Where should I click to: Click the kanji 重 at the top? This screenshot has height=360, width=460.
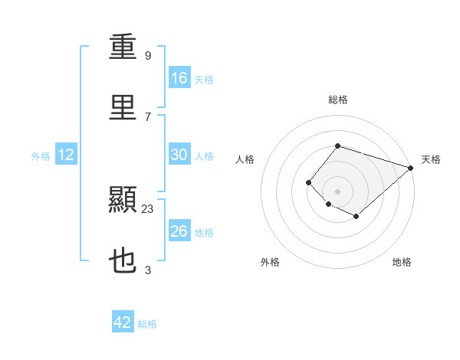coord(123,46)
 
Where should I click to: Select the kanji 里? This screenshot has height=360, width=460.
coord(123,107)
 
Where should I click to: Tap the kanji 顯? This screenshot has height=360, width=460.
coord(123,199)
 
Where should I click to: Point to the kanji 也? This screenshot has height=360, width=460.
coord(123,260)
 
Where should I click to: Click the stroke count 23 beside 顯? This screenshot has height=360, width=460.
coord(147,209)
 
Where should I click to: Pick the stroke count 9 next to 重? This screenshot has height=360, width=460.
coord(148,56)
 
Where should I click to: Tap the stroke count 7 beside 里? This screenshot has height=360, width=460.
coord(148,117)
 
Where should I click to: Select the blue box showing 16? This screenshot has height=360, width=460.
coord(179,77)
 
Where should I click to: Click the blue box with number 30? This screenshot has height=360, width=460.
coord(179,154)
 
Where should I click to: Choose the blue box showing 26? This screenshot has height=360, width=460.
coord(179,230)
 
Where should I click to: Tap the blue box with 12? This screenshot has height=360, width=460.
coord(66,154)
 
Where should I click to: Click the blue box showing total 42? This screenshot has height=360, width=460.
coord(123,321)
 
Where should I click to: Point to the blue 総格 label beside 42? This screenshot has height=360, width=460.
coord(147,324)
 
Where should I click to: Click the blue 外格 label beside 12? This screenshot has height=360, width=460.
coord(41,156)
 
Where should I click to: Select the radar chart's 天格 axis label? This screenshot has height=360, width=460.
coord(431,159)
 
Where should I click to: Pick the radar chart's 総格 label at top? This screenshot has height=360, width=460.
coord(338,100)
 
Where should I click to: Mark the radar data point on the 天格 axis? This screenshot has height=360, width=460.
coord(411,168)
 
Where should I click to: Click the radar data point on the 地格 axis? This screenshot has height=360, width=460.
coord(356,216)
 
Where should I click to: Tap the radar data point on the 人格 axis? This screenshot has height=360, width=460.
coord(308,182)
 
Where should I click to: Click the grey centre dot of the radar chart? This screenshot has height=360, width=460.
coord(337,191)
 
